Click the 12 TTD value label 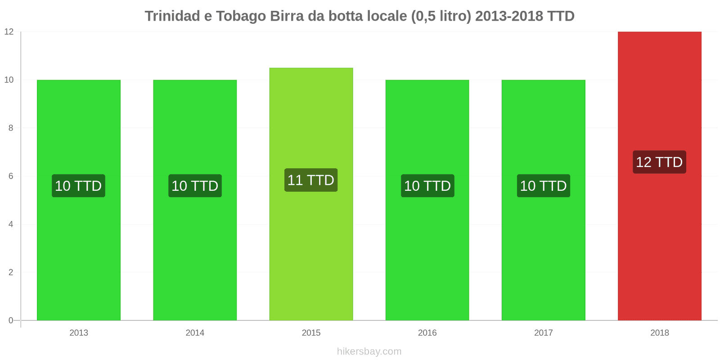tap(659, 162)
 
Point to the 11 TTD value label tap(311, 180)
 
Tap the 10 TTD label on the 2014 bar tap(195, 186)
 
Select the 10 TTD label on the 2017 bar tap(543, 186)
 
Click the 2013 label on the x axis tap(79, 333)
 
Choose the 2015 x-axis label tap(311, 333)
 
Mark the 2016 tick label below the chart tap(427, 333)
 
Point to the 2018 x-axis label tap(659, 333)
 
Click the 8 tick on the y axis tap(11, 128)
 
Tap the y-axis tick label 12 tap(9, 32)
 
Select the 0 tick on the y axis tap(11, 321)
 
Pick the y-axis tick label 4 tap(11, 225)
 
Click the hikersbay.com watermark tap(369, 351)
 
